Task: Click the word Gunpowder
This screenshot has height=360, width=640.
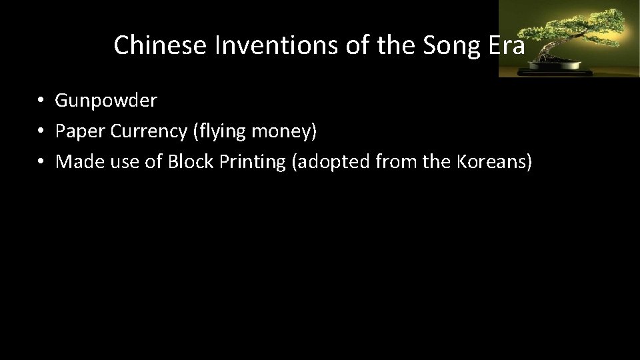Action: pyautogui.click(x=106, y=101)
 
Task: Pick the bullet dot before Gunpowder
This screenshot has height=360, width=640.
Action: pyautogui.click(x=41, y=101)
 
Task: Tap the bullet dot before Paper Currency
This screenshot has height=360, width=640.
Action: pyautogui.click(x=41, y=131)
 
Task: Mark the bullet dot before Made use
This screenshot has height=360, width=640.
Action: pyautogui.click(x=41, y=162)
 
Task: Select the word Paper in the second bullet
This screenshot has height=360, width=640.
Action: pyautogui.click(x=75, y=131)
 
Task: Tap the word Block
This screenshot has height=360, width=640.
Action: pyautogui.click(x=188, y=162)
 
